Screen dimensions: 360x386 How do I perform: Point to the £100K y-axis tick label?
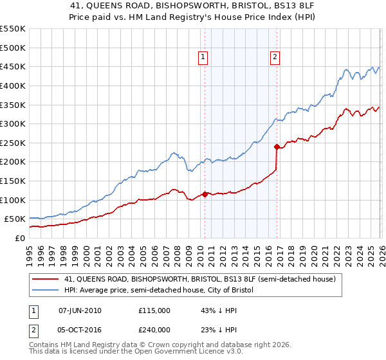coord(13,200)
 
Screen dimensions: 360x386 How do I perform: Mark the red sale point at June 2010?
coord(205,194)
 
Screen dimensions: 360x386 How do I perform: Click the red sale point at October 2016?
coord(277,147)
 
